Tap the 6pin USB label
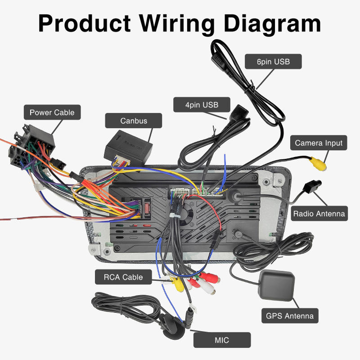point(273,61)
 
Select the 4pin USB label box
point(202,105)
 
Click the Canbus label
point(134,121)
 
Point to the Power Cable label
point(52,112)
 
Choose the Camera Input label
point(319,143)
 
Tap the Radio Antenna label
point(319,213)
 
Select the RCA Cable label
point(123,277)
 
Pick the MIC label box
point(222,340)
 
